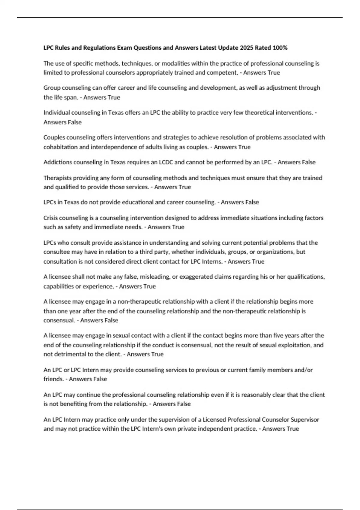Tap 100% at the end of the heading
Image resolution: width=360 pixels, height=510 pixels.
280,48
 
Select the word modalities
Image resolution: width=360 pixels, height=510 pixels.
172,63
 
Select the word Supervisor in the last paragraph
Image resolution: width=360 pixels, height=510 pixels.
304,419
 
